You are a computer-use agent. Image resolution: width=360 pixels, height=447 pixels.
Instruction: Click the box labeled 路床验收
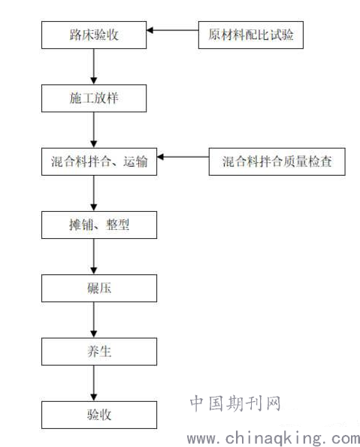[94, 35]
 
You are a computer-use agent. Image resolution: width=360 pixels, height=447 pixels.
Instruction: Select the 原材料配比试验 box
[251, 35]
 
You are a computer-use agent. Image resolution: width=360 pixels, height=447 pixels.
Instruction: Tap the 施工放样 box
[94, 98]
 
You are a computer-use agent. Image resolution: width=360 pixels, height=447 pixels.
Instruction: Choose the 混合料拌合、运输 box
[99, 162]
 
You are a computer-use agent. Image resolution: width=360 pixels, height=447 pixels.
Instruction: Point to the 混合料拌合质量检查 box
[277, 162]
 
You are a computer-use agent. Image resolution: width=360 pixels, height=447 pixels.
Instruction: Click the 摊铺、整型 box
[99, 225]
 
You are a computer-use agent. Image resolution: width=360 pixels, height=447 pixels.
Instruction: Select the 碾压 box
[99, 288]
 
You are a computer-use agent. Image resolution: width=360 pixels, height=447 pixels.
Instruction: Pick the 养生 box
[99, 352]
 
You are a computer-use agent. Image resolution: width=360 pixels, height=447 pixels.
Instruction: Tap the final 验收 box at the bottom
[99, 415]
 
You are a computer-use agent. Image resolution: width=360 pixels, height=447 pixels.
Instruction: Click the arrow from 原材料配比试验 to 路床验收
[173, 30]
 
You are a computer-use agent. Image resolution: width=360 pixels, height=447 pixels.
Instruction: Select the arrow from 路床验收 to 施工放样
[93, 66]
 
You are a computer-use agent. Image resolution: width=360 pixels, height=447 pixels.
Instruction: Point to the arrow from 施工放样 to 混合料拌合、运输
[93, 130]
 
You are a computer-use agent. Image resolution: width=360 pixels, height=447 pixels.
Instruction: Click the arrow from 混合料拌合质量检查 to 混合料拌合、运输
[183, 157]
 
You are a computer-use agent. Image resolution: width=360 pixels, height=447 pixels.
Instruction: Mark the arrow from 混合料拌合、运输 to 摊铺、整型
[93, 193]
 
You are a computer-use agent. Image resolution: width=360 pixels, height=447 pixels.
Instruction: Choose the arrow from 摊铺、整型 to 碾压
[93, 257]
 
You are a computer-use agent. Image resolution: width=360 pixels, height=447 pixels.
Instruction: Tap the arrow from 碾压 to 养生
[93, 320]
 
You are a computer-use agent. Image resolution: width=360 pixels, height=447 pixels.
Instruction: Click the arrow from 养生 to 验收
[93, 383]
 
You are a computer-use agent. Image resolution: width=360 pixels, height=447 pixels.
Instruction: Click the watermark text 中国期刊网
[236, 403]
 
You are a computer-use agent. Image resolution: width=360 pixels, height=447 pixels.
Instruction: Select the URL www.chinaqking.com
[274, 439]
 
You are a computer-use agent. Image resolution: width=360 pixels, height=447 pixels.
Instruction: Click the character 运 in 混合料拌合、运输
[129, 162]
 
